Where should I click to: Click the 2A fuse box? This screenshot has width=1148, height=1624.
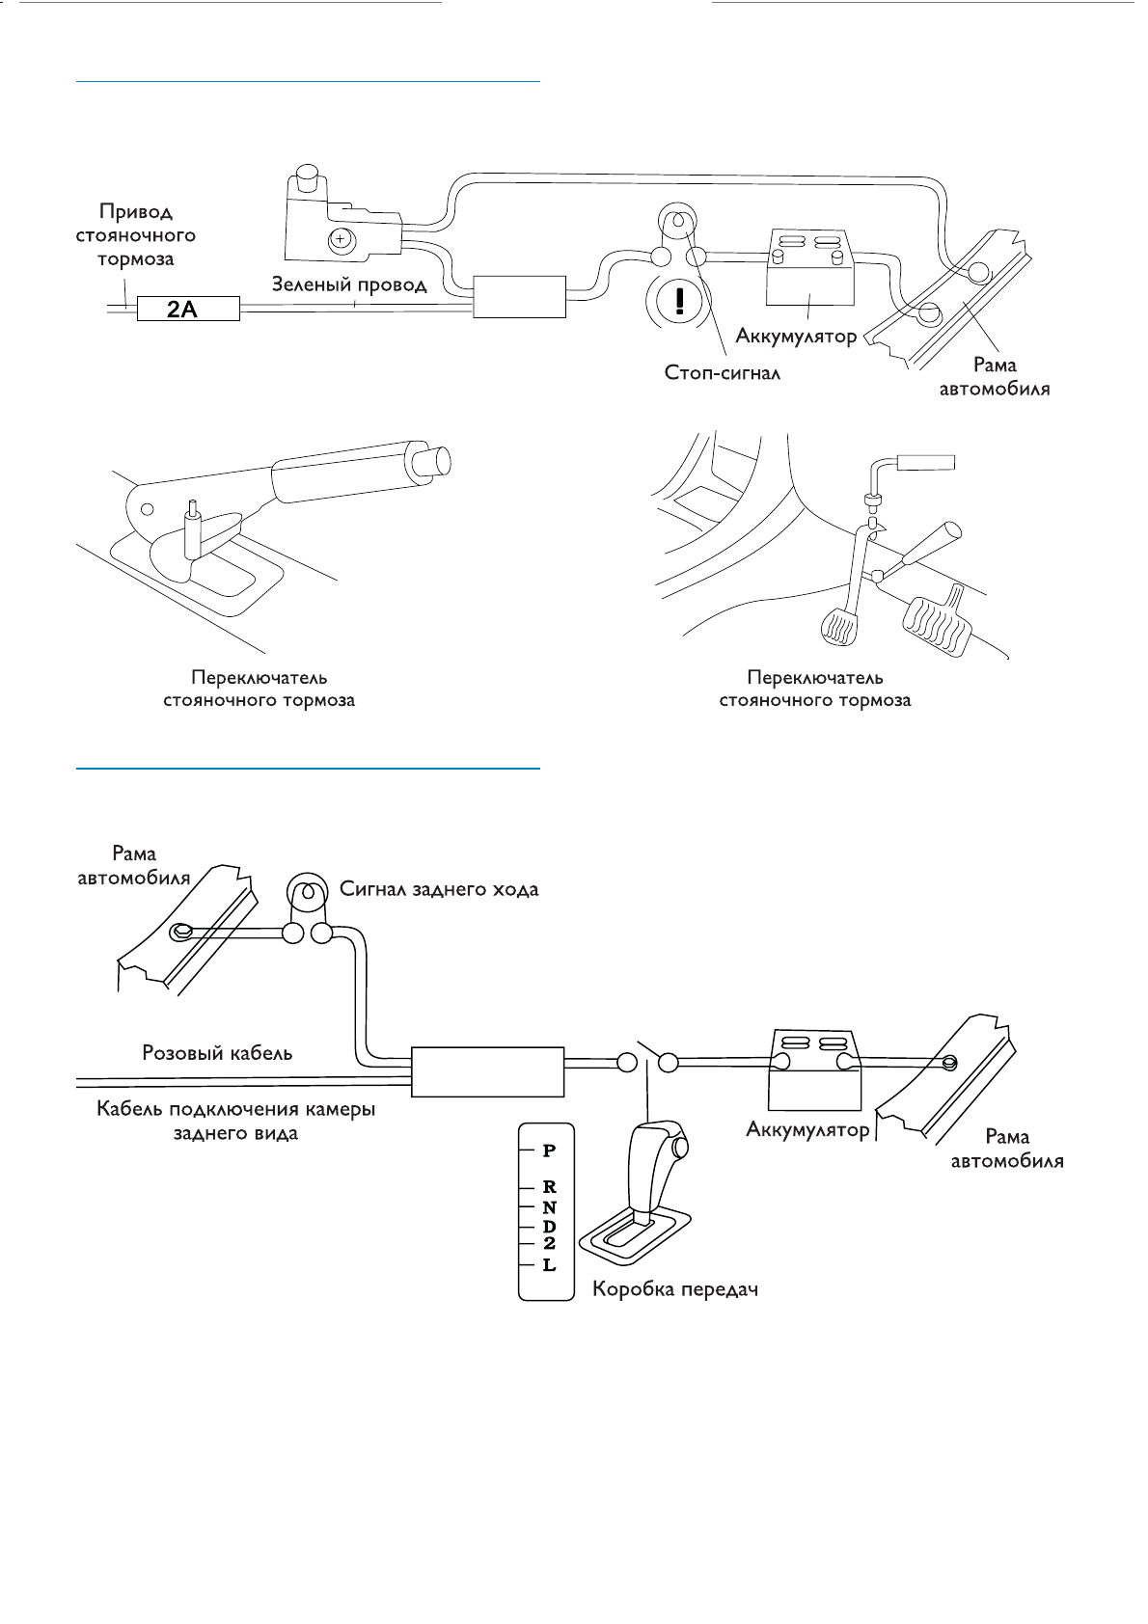click(x=187, y=309)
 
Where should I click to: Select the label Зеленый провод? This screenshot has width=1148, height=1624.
click(x=348, y=284)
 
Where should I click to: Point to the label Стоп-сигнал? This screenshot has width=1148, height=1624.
click(x=723, y=372)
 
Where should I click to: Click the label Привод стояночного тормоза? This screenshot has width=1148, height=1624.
click(x=136, y=234)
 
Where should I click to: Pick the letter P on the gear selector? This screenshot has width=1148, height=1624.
click(x=549, y=1150)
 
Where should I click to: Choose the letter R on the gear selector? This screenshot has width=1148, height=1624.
click(x=549, y=1187)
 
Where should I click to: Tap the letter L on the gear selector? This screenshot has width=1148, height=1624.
click(x=549, y=1264)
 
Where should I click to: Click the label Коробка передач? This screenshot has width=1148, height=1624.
click(x=674, y=1289)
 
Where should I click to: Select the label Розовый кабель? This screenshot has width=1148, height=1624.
click(x=217, y=1052)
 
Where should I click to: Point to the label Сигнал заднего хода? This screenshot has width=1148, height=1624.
click(x=439, y=889)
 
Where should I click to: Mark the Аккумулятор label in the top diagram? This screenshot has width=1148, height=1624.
click(x=796, y=337)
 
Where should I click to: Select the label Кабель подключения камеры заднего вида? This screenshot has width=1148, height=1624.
click(x=235, y=1121)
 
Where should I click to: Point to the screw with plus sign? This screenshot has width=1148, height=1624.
click(x=339, y=239)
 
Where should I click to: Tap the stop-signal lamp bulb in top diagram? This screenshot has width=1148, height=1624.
click(x=676, y=223)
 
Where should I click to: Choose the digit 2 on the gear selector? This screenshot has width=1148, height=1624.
click(x=549, y=1244)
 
